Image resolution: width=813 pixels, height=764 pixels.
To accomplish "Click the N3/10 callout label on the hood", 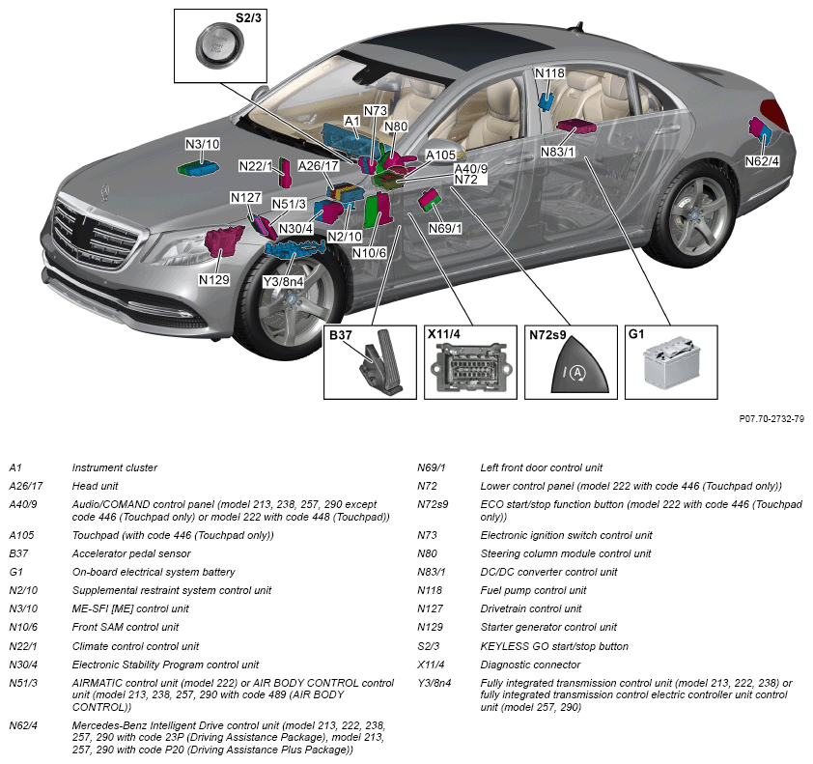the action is pyautogui.click(x=202, y=144).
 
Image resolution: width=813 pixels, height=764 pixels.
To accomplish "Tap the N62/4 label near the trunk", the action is pyautogui.click(x=762, y=161).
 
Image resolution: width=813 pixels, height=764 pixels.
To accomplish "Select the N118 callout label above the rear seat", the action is pyautogui.click(x=549, y=73).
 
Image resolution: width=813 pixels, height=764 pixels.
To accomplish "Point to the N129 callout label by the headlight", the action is pyautogui.click(x=213, y=279).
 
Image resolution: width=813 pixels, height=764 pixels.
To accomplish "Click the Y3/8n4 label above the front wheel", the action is pyautogui.click(x=283, y=282).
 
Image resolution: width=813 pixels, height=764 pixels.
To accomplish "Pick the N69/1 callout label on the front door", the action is pyautogui.click(x=445, y=228).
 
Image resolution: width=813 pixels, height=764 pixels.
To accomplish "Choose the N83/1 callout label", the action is pyautogui.click(x=557, y=152).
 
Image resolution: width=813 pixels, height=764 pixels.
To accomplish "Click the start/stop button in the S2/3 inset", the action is pyautogui.click(x=219, y=45).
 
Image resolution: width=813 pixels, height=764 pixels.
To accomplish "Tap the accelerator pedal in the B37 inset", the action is pyautogui.click(x=381, y=362).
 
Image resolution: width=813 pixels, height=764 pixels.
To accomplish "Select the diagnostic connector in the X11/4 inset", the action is pyautogui.click(x=470, y=366).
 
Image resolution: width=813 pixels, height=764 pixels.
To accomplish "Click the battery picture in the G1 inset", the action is pyautogui.click(x=669, y=360).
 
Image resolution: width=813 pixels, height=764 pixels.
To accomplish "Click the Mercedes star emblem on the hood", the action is pyautogui.click(x=104, y=192).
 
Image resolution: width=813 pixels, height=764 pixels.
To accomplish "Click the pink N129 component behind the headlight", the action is pyautogui.click(x=223, y=241).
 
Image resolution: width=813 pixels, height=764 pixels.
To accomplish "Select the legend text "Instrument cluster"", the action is pyautogui.click(x=115, y=467).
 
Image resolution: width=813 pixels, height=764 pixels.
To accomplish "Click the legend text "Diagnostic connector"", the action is pyautogui.click(x=530, y=665).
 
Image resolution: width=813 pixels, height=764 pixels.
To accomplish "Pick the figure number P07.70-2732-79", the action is pyautogui.click(x=771, y=418).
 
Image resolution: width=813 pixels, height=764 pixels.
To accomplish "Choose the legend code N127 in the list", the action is pyautogui.click(x=430, y=608).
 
